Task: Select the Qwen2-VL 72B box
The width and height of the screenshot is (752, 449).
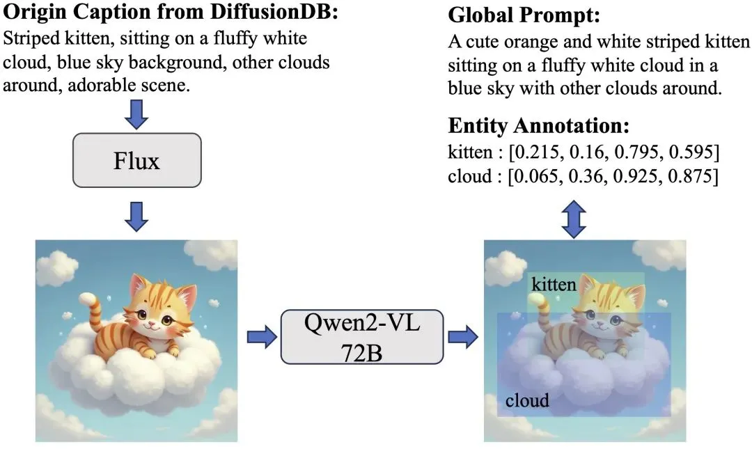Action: click(361, 336)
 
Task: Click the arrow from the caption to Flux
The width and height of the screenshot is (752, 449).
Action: click(137, 113)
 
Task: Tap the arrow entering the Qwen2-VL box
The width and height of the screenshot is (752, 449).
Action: click(261, 337)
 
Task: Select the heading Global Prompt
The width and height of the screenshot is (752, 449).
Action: click(524, 15)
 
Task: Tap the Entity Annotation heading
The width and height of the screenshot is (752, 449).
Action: click(539, 126)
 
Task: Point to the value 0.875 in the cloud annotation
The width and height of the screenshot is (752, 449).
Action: click(692, 175)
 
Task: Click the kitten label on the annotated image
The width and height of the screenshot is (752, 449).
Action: click(554, 284)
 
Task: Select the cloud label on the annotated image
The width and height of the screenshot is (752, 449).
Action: click(527, 400)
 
